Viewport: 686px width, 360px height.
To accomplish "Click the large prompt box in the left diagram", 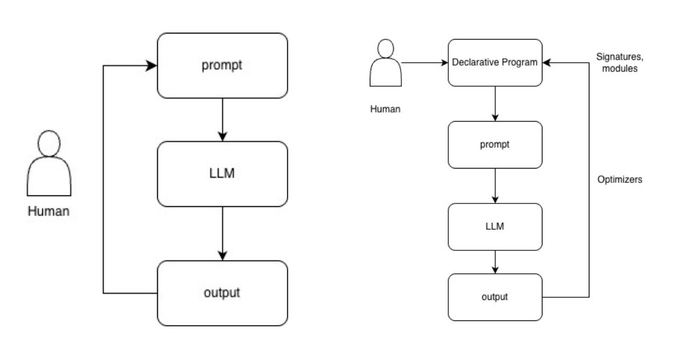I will [x=222, y=65].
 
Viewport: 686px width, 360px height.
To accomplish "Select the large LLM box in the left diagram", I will [x=222, y=174].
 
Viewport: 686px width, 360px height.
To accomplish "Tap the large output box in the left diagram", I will [x=222, y=293].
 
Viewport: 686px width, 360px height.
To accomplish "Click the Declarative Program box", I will [x=494, y=63].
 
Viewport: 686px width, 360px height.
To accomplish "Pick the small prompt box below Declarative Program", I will [x=494, y=145].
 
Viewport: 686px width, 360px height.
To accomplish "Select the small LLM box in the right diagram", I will [x=494, y=226].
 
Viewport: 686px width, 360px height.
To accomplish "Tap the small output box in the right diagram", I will [x=494, y=297].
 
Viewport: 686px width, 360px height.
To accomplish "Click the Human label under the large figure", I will [x=49, y=211].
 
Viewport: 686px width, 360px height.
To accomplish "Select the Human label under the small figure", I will [x=385, y=109].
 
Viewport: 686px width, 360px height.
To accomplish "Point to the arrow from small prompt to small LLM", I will [x=494, y=186].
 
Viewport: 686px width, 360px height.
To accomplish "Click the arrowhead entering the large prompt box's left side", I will [x=152, y=66].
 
